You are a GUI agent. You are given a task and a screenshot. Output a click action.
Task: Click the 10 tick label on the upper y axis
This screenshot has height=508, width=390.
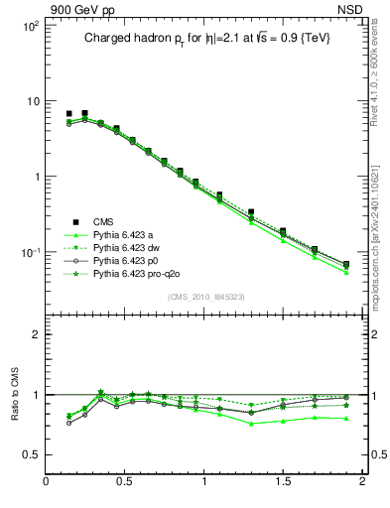click(32, 101)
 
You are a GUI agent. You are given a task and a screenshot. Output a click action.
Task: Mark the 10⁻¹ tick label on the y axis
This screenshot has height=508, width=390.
click(29, 252)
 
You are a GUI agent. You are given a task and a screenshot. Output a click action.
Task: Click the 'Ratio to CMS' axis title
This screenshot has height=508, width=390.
click(13, 421)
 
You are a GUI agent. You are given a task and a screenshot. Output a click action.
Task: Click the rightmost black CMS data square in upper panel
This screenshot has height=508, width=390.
click(346, 265)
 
